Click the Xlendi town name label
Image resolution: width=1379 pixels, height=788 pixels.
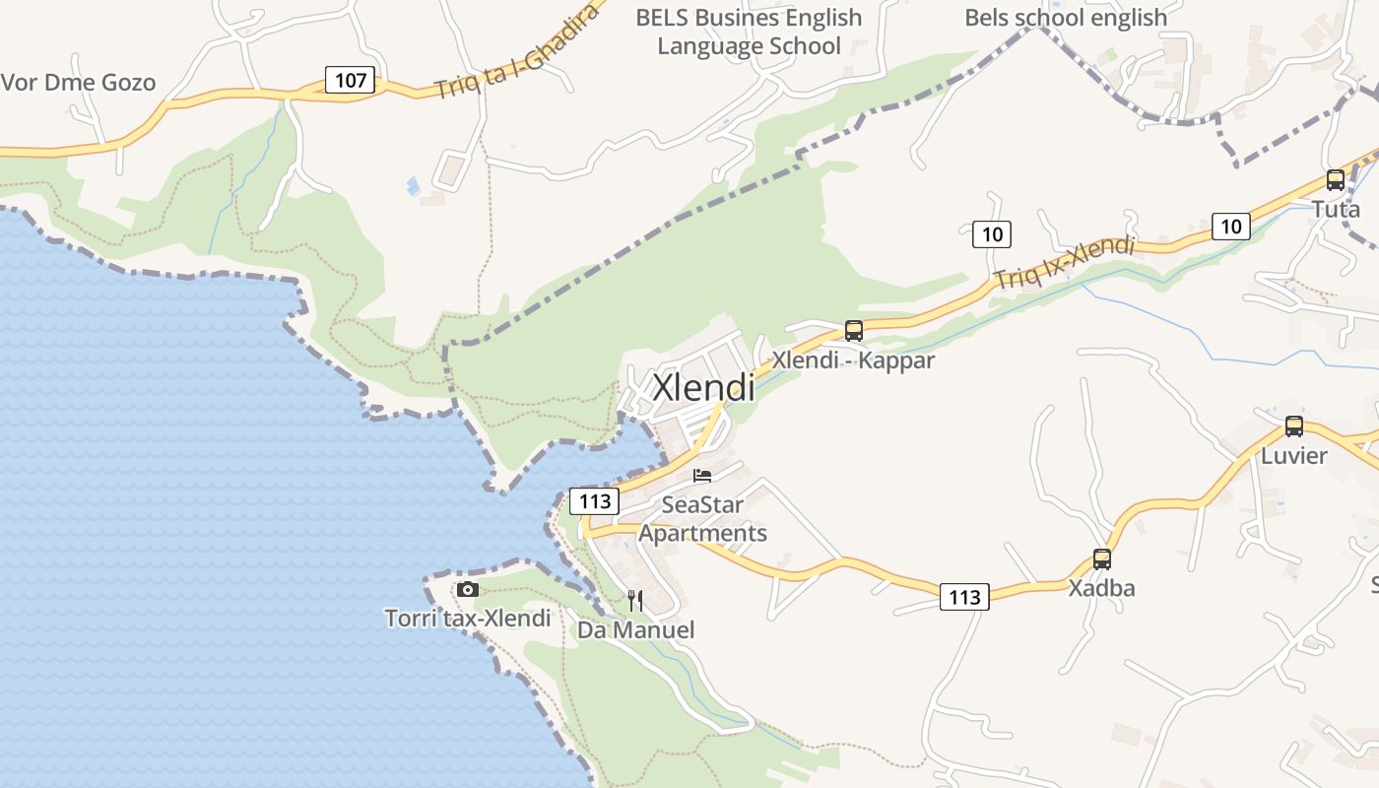click(703, 387)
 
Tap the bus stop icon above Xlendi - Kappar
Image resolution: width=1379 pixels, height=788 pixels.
click(854, 331)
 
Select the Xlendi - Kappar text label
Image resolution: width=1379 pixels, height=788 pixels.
click(853, 361)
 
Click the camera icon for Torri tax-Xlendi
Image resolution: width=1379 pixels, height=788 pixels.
click(468, 589)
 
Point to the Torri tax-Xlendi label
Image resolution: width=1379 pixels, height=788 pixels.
click(468, 619)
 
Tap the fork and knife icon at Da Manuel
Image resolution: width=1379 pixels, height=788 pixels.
click(635, 600)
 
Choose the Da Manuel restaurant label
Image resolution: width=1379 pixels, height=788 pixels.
click(635, 629)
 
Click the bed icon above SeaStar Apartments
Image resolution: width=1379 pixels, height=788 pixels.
click(702, 476)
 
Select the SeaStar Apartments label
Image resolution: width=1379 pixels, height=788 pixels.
click(702, 519)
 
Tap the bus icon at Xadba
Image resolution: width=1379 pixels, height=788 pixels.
click(1102, 559)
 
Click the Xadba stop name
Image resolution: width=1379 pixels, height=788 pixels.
click(1102, 588)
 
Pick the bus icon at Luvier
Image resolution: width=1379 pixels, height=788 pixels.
click(1294, 427)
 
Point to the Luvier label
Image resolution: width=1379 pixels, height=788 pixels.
click(1294, 456)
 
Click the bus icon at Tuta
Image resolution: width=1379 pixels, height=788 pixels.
click(1336, 180)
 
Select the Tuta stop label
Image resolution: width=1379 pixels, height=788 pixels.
click(1336, 209)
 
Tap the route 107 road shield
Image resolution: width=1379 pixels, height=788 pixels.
click(351, 80)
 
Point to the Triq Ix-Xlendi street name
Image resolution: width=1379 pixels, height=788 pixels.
click(1064, 263)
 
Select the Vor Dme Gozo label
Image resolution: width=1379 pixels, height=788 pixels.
click(78, 83)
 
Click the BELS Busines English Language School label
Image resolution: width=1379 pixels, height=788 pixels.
click(749, 32)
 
